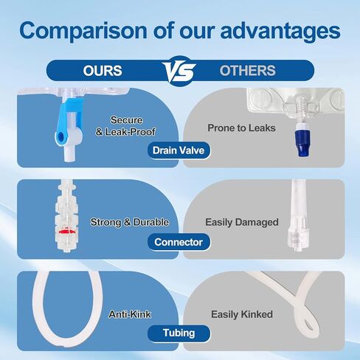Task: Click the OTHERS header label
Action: click(247, 71)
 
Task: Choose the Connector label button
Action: click(179, 242)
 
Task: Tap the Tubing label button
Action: click(179, 333)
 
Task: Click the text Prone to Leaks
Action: click(241, 128)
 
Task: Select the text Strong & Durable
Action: click(129, 221)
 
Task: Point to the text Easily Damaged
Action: click(241, 221)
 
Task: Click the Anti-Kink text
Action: click(130, 314)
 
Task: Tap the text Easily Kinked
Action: click(241, 314)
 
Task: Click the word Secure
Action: click(126, 120)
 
